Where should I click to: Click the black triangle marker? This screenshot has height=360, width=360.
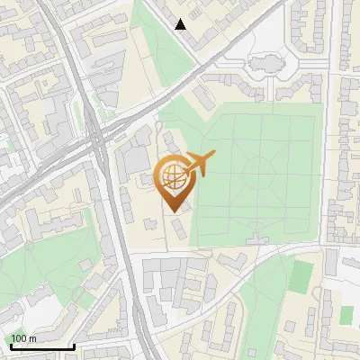(181, 24)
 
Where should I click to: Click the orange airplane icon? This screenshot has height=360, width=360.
(200, 163)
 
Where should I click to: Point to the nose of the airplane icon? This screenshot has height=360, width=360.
(213, 155)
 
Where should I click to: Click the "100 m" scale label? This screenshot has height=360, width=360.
(23, 338)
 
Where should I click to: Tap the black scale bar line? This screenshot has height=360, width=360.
(41, 346)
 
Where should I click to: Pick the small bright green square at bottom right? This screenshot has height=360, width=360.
(346, 314)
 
